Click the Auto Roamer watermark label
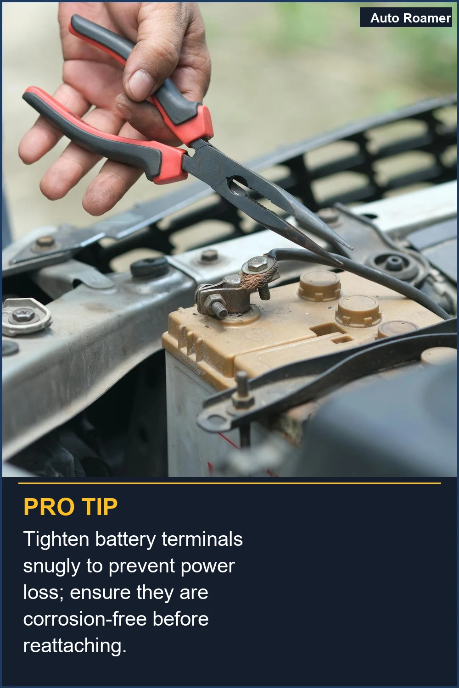coord(410,18)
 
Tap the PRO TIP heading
coord(71,507)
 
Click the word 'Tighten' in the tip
coord(56,539)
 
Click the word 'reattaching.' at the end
coord(74,646)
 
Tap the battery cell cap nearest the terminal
coord(319,283)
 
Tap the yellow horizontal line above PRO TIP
coord(229,483)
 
